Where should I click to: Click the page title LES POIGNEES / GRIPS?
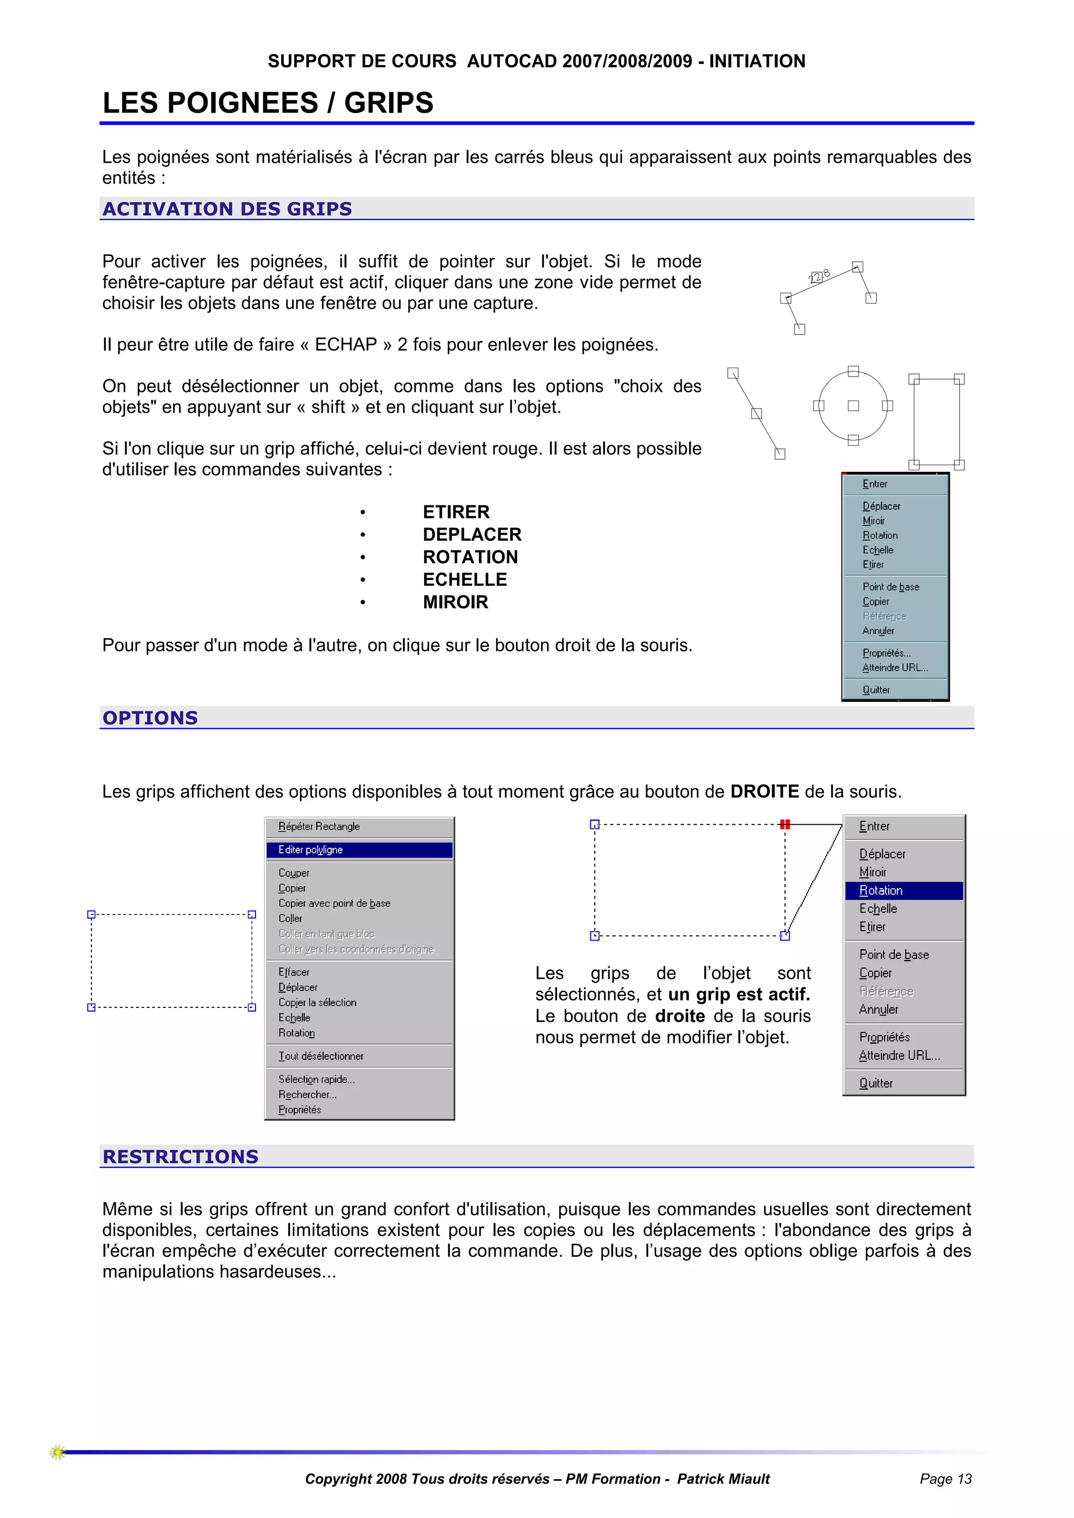268,103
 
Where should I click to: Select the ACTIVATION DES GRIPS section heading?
227,209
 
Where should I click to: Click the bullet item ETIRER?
456,512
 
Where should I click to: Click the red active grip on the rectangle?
785,824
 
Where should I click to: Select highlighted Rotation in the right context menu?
881,890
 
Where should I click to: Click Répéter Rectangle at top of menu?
319,826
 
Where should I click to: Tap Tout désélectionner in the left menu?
321,1056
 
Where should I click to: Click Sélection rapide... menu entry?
316,1079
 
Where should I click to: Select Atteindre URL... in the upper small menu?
895,668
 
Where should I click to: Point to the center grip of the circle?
853,406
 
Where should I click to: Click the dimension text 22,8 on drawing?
819,276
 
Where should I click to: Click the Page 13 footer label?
945,1479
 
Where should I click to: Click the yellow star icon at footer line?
58,1452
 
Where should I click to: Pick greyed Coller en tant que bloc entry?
326,933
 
